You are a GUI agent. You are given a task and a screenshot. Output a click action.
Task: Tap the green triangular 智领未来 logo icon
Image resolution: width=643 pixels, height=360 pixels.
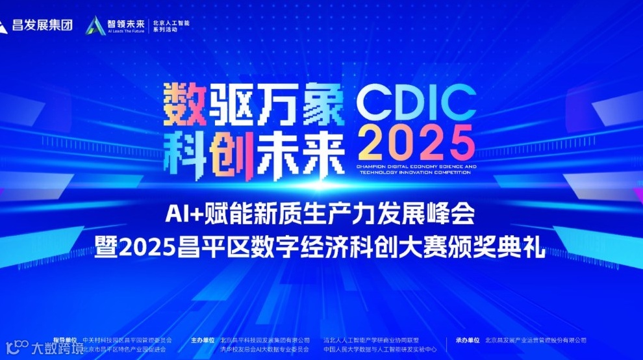pyautogui.click(x=97, y=25)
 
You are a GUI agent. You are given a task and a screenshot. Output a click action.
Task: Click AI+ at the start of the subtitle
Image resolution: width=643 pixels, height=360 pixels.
pyautogui.click(x=181, y=212)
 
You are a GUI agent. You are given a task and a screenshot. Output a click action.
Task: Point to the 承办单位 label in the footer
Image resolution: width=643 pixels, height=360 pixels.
pyautogui.click(x=468, y=340)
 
